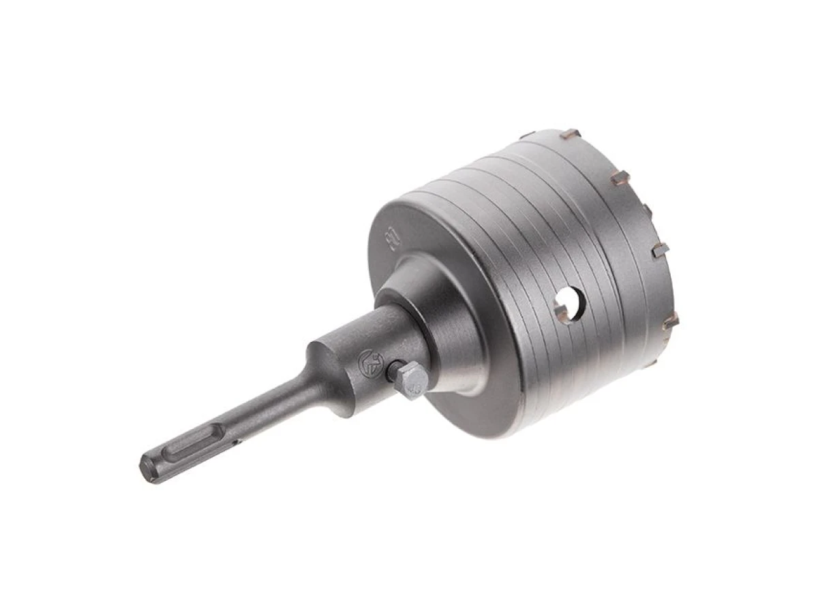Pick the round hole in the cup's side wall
pyautogui.click(x=570, y=303)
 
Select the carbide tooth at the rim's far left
pyautogui.click(x=529, y=135)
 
